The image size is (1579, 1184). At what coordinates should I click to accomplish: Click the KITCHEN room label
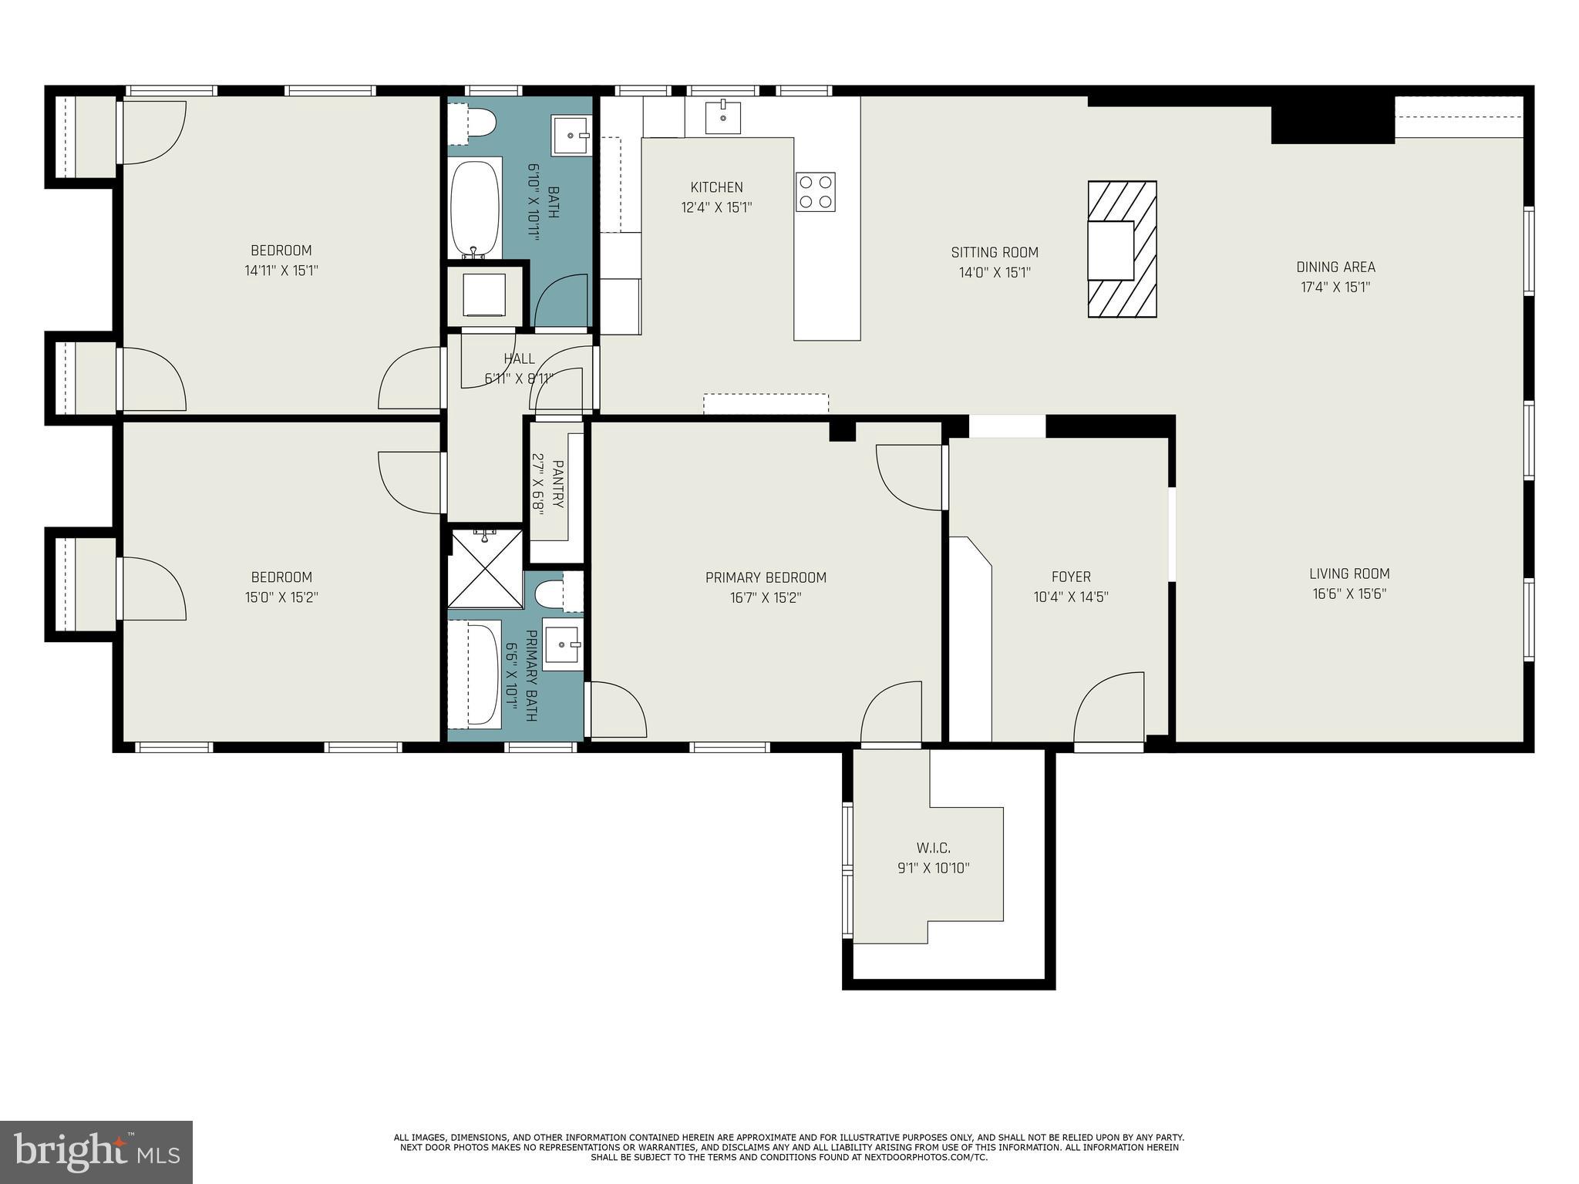coord(716,187)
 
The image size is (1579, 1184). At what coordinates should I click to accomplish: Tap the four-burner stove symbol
coord(816,192)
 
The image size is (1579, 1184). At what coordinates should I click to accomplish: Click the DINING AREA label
coord(1335,267)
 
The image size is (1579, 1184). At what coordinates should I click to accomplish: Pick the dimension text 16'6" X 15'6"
coord(1349,594)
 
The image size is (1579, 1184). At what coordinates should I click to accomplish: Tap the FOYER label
coord(1071,577)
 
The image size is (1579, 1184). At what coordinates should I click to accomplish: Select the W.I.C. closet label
coord(933,848)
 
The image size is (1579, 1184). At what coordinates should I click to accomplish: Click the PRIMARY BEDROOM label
coord(766,577)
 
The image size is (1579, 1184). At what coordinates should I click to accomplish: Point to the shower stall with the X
coord(485,569)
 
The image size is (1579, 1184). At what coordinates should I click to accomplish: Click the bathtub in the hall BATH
coord(475,208)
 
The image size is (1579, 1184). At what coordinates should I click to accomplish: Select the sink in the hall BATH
coord(571,136)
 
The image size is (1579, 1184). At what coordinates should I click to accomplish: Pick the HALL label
coord(519,358)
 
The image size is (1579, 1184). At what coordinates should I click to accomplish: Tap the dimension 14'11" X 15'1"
coord(281,271)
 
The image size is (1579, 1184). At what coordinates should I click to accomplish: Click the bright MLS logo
coord(96,1152)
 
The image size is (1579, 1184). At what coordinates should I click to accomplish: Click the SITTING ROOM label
coord(995,252)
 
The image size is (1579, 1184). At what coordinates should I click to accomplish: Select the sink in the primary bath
coord(561,644)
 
